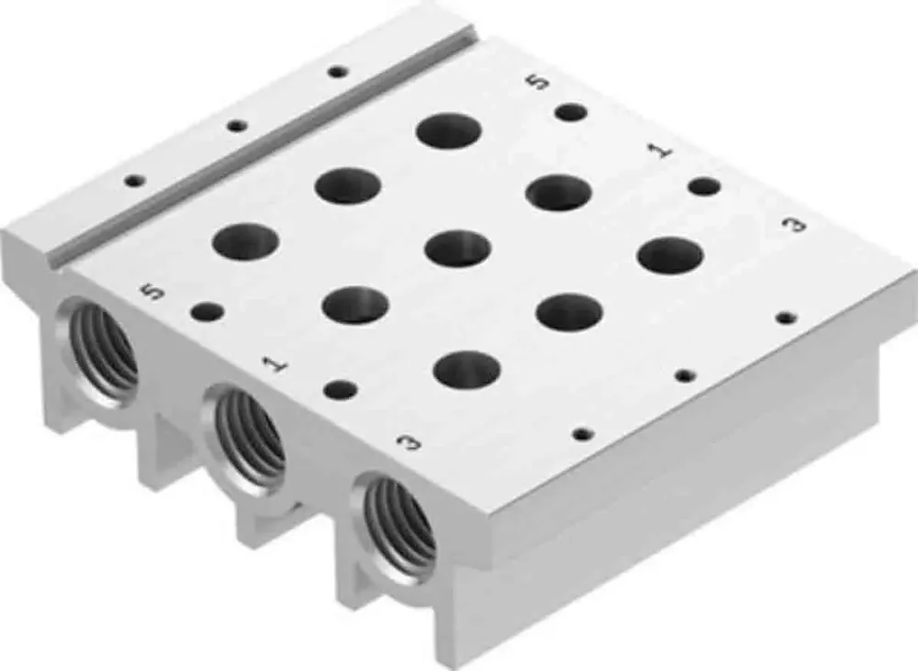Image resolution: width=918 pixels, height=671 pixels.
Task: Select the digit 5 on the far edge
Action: (541, 82)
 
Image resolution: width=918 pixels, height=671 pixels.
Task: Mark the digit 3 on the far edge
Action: (797, 225)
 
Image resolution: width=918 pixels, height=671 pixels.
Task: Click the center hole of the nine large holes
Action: (456, 248)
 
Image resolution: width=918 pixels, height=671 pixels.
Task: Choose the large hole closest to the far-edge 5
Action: (448, 130)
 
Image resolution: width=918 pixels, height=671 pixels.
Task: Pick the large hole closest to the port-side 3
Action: (466, 369)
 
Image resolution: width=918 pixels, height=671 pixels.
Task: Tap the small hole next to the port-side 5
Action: (207, 312)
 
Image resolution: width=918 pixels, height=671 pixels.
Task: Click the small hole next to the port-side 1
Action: (340, 390)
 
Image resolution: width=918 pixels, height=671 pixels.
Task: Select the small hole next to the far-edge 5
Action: (571, 113)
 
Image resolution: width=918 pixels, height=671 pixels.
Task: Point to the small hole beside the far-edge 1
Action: (704, 187)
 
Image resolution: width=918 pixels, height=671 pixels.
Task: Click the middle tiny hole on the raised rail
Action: (237, 126)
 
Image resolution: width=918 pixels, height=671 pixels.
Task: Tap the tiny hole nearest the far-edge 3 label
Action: (786, 318)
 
